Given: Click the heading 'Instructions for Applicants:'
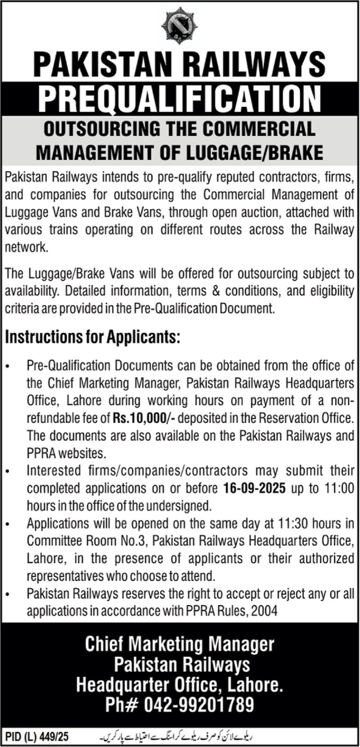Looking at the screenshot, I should point(93,337).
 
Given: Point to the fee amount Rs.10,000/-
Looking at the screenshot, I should point(144,418).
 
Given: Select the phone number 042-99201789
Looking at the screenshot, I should point(198,704).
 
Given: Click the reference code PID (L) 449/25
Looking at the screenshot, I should point(37,737).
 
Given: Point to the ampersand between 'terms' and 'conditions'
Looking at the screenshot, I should point(216,291).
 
